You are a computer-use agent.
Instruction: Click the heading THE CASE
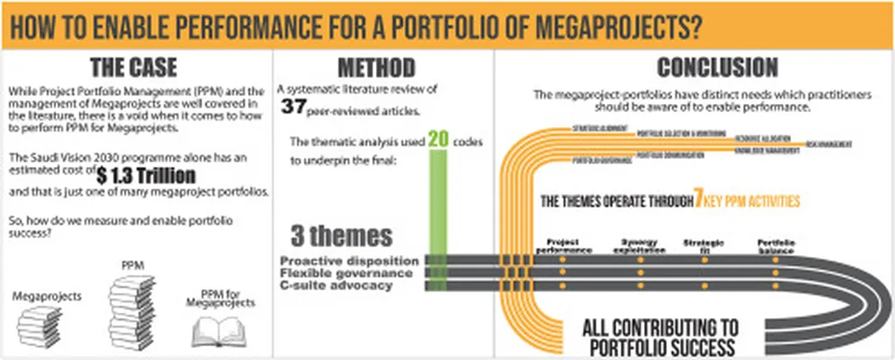tap(135, 66)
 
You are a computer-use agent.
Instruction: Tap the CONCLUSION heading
tap(718, 67)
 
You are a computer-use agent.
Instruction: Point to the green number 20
tap(441, 140)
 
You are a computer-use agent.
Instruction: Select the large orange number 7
tap(698, 200)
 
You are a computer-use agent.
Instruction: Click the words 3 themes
tap(342, 236)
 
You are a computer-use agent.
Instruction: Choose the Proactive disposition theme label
tap(350, 260)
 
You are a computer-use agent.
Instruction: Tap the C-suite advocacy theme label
tap(336, 285)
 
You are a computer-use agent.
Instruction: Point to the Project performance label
tap(563, 245)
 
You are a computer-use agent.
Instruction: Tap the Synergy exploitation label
tap(639, 245)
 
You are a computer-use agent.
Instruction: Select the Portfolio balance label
tap(776, 245)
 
